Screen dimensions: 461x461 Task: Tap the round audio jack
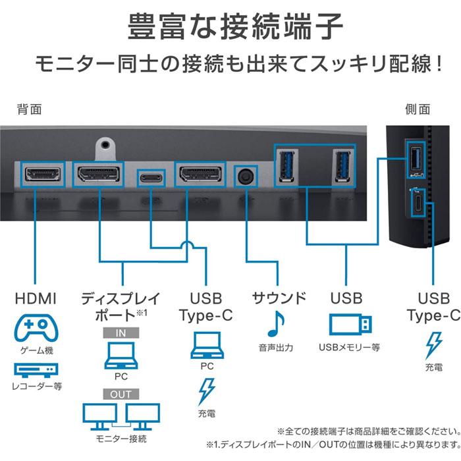[246, 176]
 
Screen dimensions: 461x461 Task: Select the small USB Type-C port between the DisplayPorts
[151, 176]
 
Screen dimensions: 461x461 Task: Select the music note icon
[276, 323]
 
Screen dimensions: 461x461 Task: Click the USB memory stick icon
[349, 324]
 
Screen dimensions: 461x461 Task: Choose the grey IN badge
[121, 333]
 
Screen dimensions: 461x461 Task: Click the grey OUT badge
[121, 395]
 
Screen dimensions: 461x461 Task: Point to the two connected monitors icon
[121, 416]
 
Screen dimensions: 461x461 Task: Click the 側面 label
[418, 109]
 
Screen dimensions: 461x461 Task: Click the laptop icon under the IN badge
[121, 356]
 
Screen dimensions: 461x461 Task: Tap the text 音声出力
[276, 347]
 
